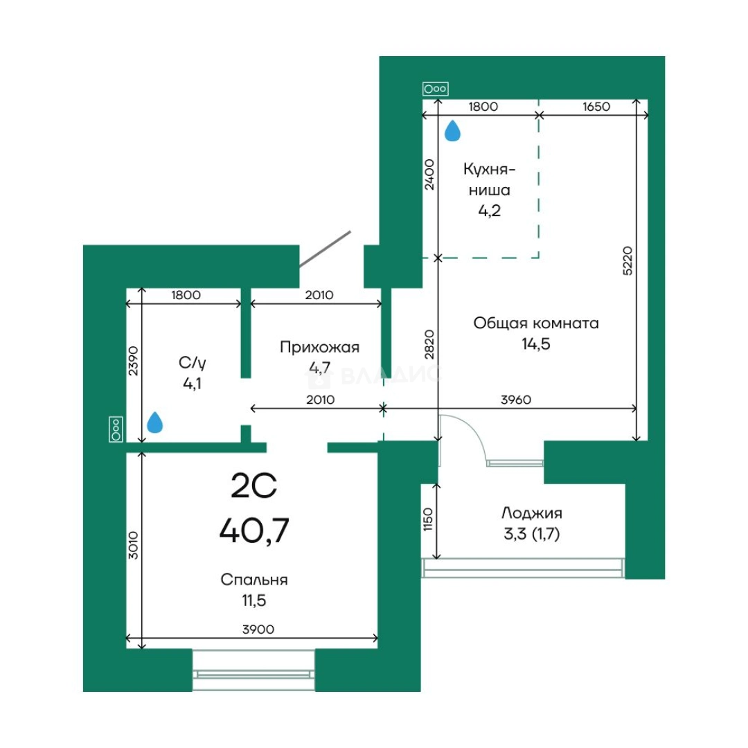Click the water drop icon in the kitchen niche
[x=452, y=131]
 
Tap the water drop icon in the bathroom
[x=154, y=422]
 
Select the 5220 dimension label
[x=627, y=260]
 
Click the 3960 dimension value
[x=516, y=400]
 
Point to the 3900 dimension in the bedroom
[x=258, y=630]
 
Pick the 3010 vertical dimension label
[x=133, y=545]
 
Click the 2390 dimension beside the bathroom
[x=133, y=361]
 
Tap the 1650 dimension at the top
[x=596, y=107]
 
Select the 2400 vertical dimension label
[x=429, y=175]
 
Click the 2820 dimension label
[x=429, y=344]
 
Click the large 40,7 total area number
[x=254, y=531]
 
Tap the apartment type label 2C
[x=253, y=486]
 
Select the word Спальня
[x=253, y=580]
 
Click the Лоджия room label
[x=531, y=513]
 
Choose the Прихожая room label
[x=319, y=347]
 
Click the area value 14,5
[x=535, y=344]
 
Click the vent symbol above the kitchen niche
[x=436, y=89]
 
